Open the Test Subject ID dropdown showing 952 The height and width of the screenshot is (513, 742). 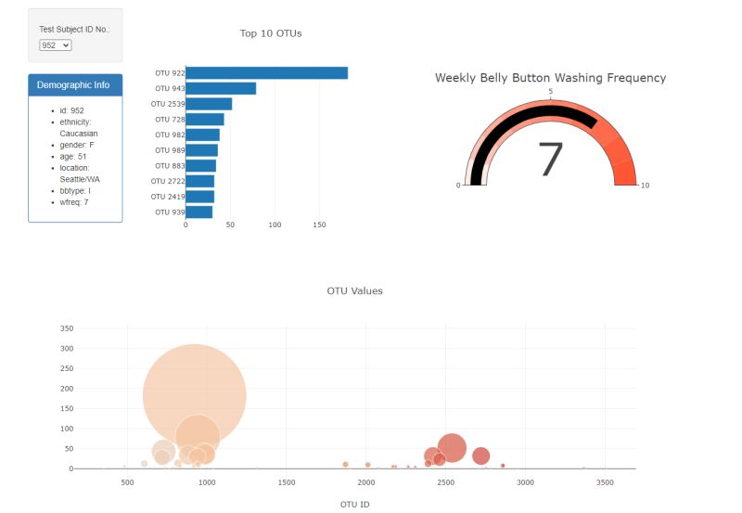coord(55,45)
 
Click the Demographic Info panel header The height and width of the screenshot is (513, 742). coord(74,85)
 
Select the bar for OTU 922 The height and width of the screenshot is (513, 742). coord(266,73)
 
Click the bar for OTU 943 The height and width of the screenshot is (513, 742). coord(221,88)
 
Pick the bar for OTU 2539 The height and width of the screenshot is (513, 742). coord(209,104)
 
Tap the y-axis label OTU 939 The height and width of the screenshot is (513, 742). coord(169,212)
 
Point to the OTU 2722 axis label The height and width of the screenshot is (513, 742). coord(168,181)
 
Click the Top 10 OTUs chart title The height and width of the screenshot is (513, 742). coord(271,33)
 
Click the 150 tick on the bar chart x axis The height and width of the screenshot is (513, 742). coord(320,225)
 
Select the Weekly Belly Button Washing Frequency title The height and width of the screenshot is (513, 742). coord(550,78)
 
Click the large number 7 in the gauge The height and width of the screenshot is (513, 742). coord(550,160)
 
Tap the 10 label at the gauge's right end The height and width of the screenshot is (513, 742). coord(645,186)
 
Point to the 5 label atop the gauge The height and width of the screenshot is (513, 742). coord(551,92)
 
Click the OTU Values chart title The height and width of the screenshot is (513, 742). coord(354,291)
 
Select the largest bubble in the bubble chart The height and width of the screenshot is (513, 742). coord(194,395)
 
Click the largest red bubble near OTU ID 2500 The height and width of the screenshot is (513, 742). coord(452,447)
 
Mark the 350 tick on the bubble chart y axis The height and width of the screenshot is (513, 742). coord(67,328)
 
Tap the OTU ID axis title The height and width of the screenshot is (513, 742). coord(354,505)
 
